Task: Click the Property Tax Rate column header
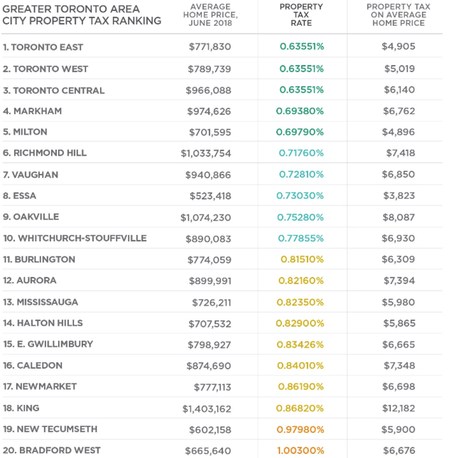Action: [301, 15]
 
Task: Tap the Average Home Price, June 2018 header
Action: [210, 15]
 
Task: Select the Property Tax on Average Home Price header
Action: [399, 15]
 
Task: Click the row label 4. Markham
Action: [32, 111]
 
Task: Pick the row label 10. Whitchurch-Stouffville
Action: [75, 238]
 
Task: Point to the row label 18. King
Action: [21, 408]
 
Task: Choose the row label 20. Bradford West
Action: [52, 451]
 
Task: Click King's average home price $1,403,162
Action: [207, 409]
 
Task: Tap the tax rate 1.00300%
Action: [300, 451]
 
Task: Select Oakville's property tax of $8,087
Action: [399, 217]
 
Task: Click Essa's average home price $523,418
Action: [210, 196]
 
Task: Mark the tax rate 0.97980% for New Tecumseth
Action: [300, 429]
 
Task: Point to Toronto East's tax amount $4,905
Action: [399, 46]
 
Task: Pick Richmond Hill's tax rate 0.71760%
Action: [301, 153]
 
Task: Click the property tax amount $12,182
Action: [399, 408]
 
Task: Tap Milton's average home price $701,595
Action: [210, 132]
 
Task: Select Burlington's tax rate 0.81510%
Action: [302, 259]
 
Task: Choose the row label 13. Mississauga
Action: [40, 302]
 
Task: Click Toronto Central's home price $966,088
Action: [208, 91]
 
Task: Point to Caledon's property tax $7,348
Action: [399, 365]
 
